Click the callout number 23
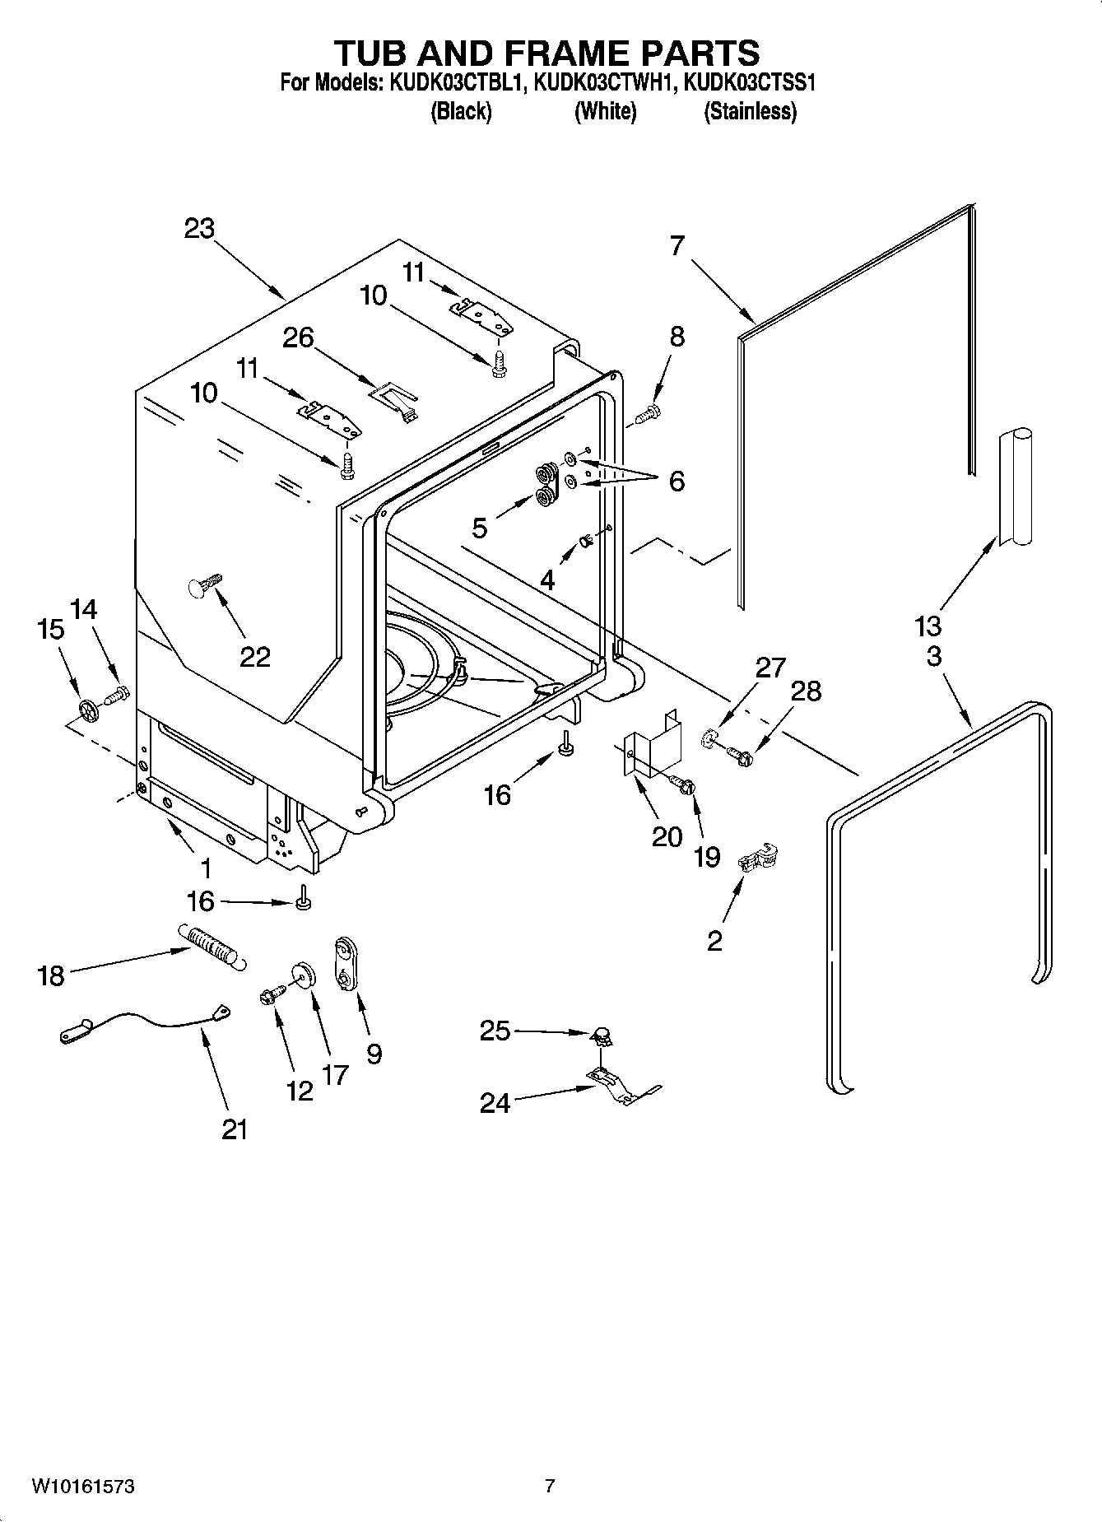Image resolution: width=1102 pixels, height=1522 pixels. pyautogui.click(x=199, y=228)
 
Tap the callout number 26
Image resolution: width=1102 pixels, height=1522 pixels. pyautogui.click(x=298, y=337)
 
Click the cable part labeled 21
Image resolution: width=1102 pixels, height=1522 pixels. pyautogui.click(x=148, y=1022)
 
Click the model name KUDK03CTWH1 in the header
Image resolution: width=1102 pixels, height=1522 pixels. pyautogui.click(x=605, y=82)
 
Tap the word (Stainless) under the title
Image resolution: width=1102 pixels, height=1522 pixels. pyautogui.click(x=750, y=112)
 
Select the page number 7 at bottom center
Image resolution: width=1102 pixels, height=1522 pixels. pyautogui.click(x=550, y=1487)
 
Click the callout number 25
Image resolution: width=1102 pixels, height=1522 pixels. pyautogui.click(x=495, y=1031)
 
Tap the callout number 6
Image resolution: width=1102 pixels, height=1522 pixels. pyautogui.click(x=676, y=481)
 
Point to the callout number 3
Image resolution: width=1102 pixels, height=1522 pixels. pyautogui.click(x=933, y=657)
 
